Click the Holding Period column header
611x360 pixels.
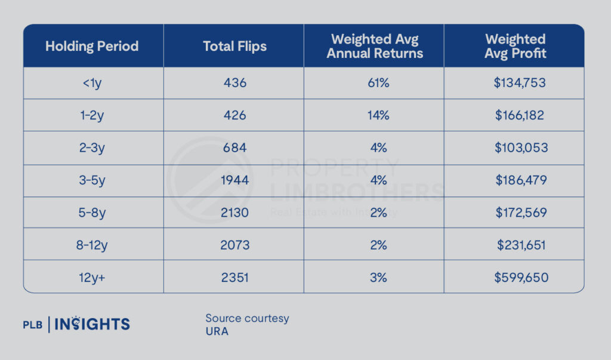[x=92, y=46]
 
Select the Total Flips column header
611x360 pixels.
[x=234, y=46]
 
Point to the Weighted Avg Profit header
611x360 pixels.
[x=515, y=46]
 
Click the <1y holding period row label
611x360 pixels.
[x=92, y=83]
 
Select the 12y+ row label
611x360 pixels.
[x=92, y=277]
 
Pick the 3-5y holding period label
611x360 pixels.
[x=92, y=180]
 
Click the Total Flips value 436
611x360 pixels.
[x=234, y=83]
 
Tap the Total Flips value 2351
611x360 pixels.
[x=234, y=277]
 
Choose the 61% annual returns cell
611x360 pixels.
[x=377, y=83]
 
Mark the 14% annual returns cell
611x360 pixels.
[x=377, y=115]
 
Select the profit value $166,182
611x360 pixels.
[x=519, y=115]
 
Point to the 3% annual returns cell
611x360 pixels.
[x=377, y=277]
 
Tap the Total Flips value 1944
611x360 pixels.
[x=234, y=180]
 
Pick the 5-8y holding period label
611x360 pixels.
[x=92, y=213]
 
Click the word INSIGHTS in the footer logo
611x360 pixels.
[x=92, y=325]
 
